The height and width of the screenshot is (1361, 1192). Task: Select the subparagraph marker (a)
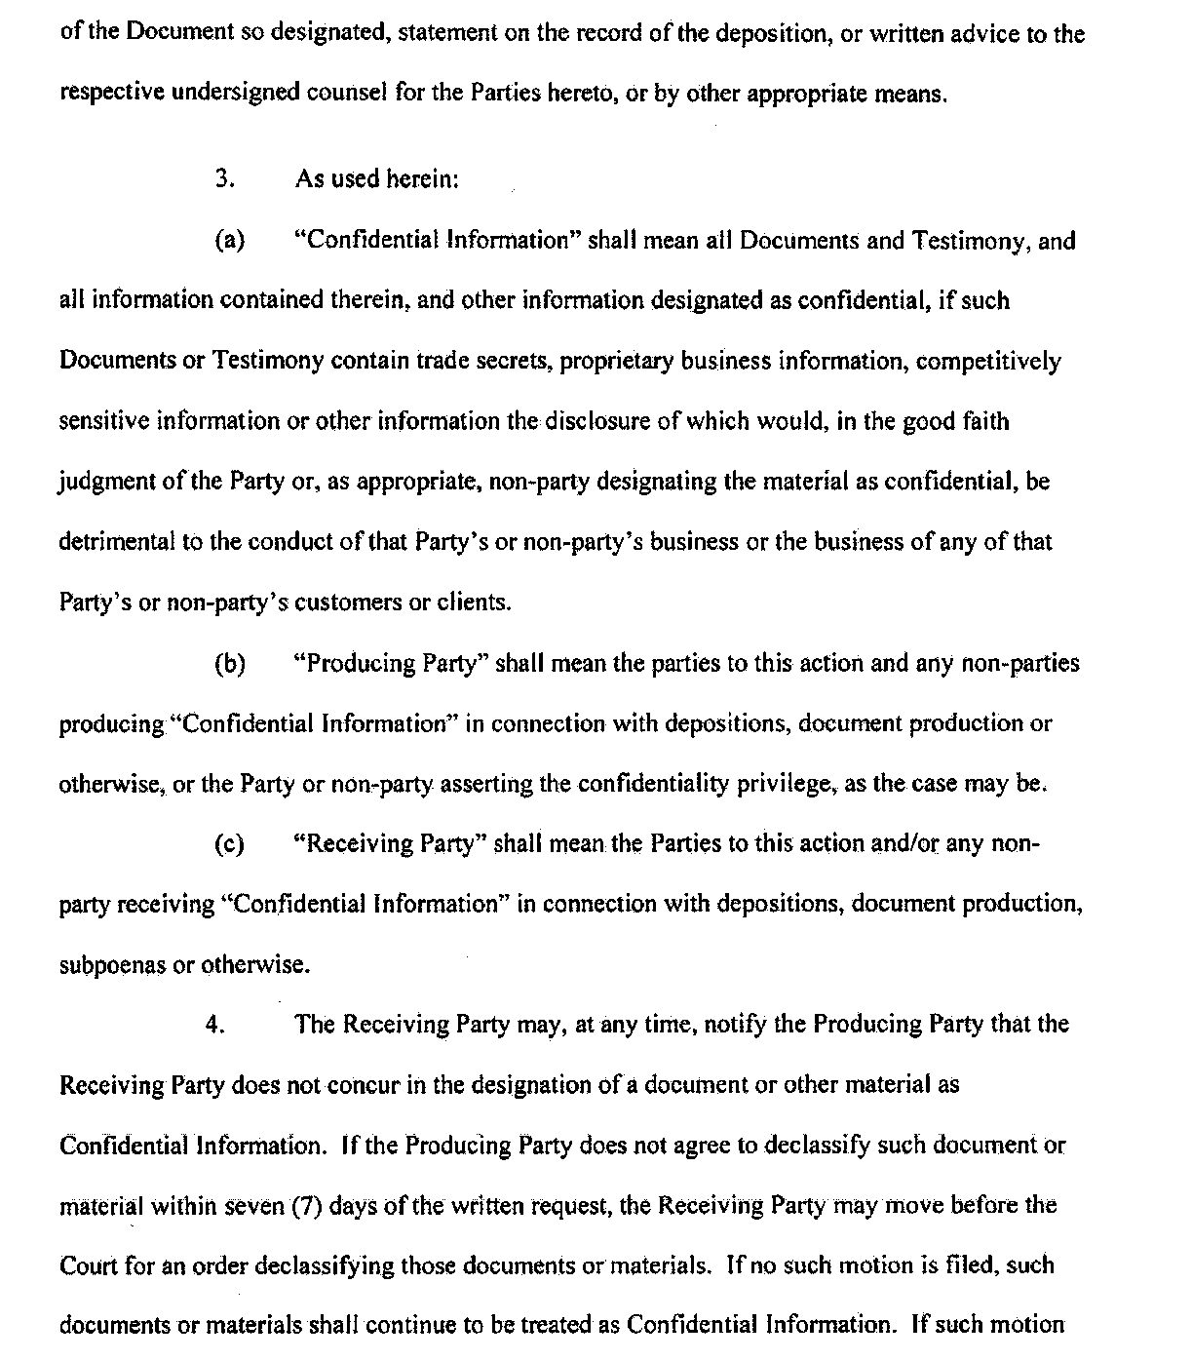229,241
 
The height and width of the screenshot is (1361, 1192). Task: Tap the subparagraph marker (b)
229,664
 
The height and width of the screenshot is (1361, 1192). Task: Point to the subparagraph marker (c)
229,844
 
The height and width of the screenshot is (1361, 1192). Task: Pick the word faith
986,422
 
